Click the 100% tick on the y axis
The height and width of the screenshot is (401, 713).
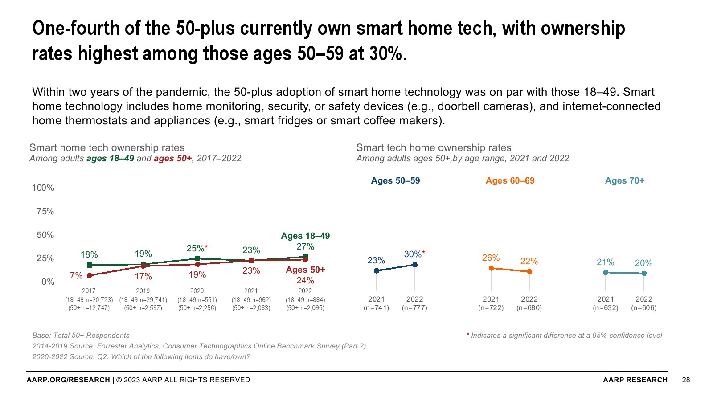[x=43, y=188]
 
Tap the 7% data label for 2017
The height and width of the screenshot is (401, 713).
[x=76, y=276]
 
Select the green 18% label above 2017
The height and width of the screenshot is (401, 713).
[x=89, y=255]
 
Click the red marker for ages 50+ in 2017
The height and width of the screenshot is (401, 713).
[x=89, y=276]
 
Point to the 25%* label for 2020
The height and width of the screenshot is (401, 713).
[x=197, y=249]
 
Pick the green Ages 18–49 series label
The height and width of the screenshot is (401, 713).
[x=305, y=236]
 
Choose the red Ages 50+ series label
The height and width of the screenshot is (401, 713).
[x=305, y=270]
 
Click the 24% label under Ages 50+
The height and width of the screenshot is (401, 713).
[x=305, y=281]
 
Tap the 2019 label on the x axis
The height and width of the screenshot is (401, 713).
[x=143, y=291]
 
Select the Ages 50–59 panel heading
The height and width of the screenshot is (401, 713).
[x=395, y=181]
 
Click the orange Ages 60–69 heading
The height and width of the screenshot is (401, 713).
[x=510, y=181]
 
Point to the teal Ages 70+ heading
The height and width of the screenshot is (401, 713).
[x=624, y=181]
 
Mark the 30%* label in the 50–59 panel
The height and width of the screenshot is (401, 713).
[x=414, y=254]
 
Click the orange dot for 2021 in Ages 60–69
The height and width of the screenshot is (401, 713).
[x=491, y=268]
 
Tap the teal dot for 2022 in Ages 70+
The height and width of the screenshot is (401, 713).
[x=644, y=274]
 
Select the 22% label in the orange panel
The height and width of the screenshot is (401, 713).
[x=529, y=262]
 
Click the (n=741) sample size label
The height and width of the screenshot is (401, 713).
[x=376, y=308]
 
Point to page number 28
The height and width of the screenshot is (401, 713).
[x=686, y=380]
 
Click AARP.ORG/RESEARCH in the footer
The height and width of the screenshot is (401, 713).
[x=68, y=380]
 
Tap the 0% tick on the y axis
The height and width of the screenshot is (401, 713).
[x=48, y=282]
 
